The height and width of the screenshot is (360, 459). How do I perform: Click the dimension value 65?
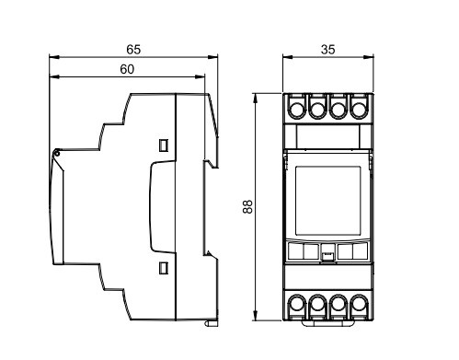(133, 50)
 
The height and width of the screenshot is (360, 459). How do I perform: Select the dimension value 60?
(127, 69)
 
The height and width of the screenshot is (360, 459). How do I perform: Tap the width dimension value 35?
(327, 50)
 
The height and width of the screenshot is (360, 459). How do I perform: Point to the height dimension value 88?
(247, 206)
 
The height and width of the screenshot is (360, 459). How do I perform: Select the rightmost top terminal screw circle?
(359, 110)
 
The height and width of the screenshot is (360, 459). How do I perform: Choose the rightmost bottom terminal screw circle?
(359, 304)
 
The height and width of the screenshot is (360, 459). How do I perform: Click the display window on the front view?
(327, 201)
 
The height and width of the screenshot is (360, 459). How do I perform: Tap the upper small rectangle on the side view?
(164, 145)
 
